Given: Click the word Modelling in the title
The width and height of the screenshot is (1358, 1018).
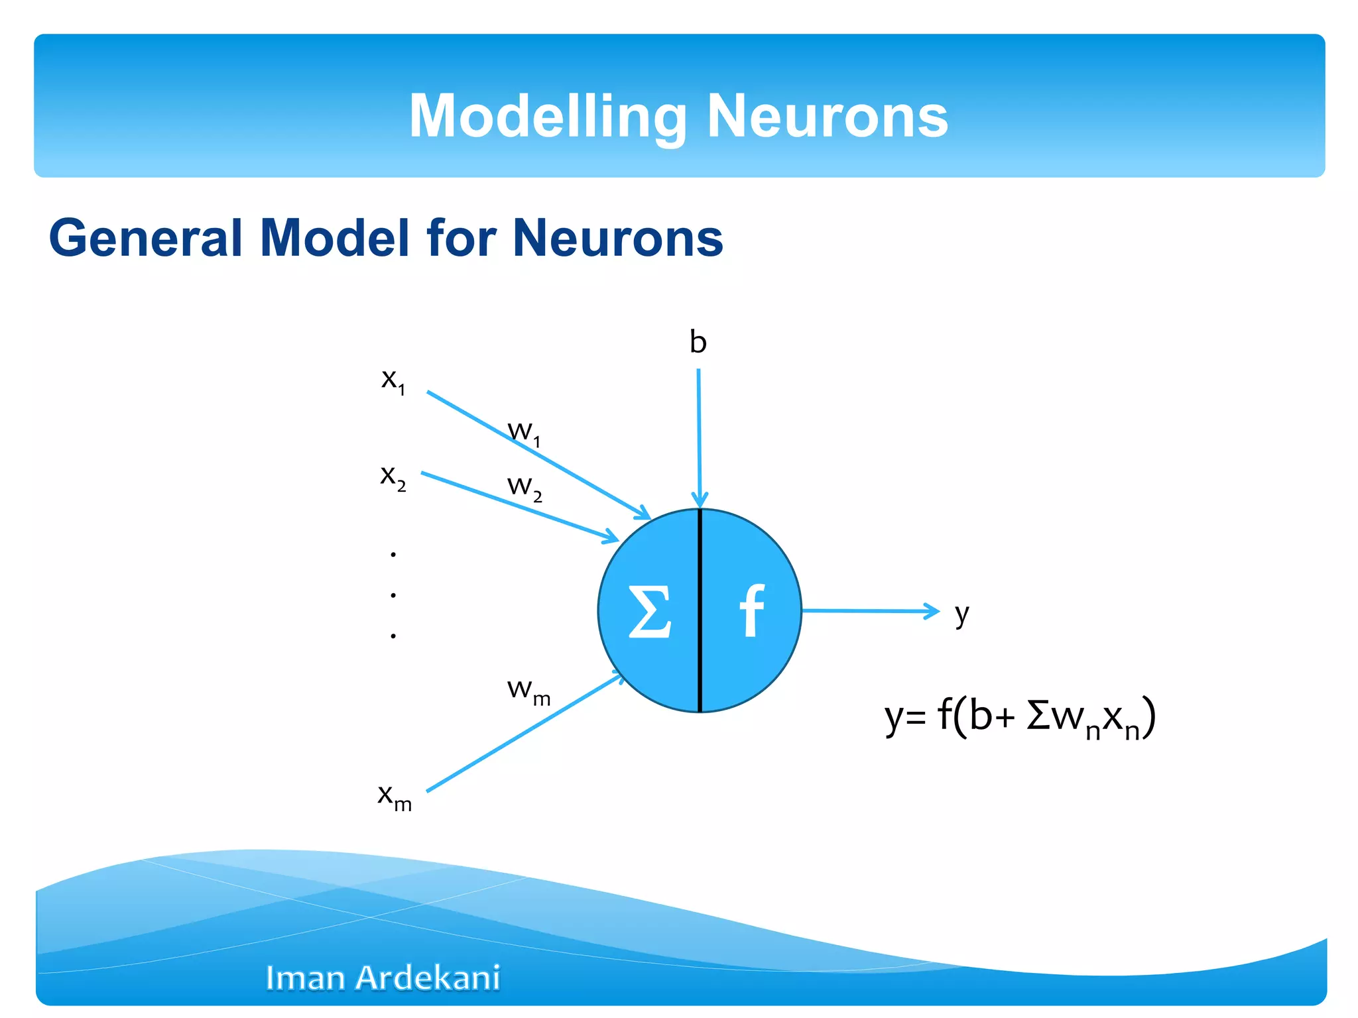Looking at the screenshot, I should click(x=548, y=117).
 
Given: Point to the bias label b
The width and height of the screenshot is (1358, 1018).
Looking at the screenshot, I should click(x=698, y=342).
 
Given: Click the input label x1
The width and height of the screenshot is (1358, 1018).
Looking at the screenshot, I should click(x=393, y=380).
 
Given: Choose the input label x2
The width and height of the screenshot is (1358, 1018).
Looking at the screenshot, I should click(x=393, y=477).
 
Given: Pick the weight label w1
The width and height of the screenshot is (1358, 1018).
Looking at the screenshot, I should click(x=524, y=433).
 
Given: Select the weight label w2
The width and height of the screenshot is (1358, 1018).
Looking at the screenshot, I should click(x=525, y=488).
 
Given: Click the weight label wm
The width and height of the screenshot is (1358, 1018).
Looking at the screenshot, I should click(x=528, y=691).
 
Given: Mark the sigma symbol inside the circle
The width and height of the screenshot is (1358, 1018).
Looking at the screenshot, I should click(x=649, y=612).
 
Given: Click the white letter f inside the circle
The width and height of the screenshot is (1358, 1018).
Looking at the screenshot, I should click(x=751, y=610).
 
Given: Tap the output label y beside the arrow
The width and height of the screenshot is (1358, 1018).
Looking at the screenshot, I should click(x=962, y=614).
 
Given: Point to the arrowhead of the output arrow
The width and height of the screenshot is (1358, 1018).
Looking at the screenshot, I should click(x=933, y=611).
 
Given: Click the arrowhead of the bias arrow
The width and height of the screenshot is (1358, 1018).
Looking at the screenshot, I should click(x=700, y=500).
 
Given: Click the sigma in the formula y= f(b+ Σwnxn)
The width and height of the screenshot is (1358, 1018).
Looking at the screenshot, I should click(x=1038, y=716).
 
